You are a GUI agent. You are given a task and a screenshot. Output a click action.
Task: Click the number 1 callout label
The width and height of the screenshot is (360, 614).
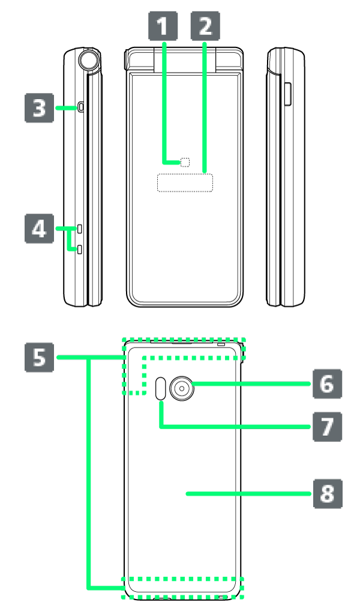(x=163, y=26)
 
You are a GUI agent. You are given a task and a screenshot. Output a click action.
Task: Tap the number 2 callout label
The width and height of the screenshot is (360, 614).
(x=205, y=26)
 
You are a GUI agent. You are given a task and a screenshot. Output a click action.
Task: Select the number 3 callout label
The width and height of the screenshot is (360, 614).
(x=39, y=108)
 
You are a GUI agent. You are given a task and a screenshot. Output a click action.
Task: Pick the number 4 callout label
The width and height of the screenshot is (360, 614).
(x=39, y=229)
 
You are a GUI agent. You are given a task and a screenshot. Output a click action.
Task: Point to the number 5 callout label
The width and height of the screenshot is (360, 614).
(x=39, y=357)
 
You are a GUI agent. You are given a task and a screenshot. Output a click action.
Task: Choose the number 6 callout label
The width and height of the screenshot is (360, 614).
(x=327, y=384)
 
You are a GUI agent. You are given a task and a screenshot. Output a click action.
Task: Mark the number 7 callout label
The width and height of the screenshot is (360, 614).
(x=327, y=427)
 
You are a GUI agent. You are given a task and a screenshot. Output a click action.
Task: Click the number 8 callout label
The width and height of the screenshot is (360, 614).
(x=327, y=494)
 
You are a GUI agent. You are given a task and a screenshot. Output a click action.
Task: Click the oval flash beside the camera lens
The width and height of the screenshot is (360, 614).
(x=161, y=388)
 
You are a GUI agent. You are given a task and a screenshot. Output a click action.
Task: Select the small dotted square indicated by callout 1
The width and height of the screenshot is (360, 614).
(x=185, y=162)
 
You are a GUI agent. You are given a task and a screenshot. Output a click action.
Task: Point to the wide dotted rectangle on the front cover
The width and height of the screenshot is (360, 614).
(x=185, y=182)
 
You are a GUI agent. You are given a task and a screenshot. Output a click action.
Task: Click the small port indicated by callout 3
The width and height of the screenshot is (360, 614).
(x=81, y=107)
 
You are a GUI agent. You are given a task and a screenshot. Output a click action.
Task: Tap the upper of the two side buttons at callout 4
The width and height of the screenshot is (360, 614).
(x=79, y=229)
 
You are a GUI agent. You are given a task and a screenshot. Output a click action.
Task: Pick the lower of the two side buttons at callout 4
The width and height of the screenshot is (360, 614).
(x=79, y=248)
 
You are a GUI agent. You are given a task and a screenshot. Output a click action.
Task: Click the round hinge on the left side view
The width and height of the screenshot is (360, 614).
(x=89, y=59)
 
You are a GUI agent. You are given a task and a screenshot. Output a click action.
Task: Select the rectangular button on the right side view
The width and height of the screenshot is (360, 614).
(x=287, y=95)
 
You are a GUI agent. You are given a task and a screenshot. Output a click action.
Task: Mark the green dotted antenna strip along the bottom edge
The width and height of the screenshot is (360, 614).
(x=183, y=588)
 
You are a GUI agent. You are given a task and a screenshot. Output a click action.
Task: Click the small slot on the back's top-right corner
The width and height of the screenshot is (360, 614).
(x=221, y=345)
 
